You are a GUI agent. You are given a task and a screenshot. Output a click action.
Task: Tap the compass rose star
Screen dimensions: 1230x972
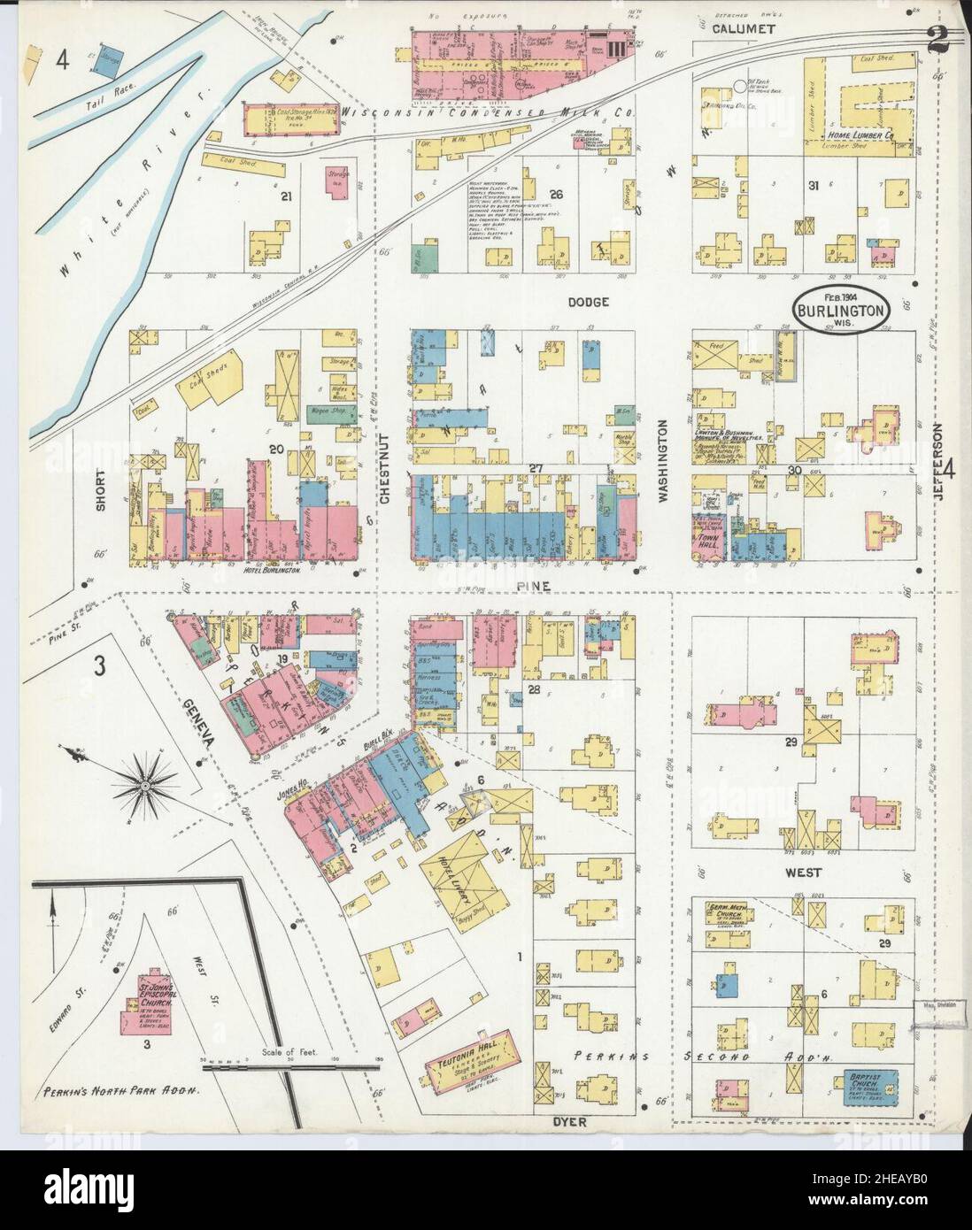coord(143,783)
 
